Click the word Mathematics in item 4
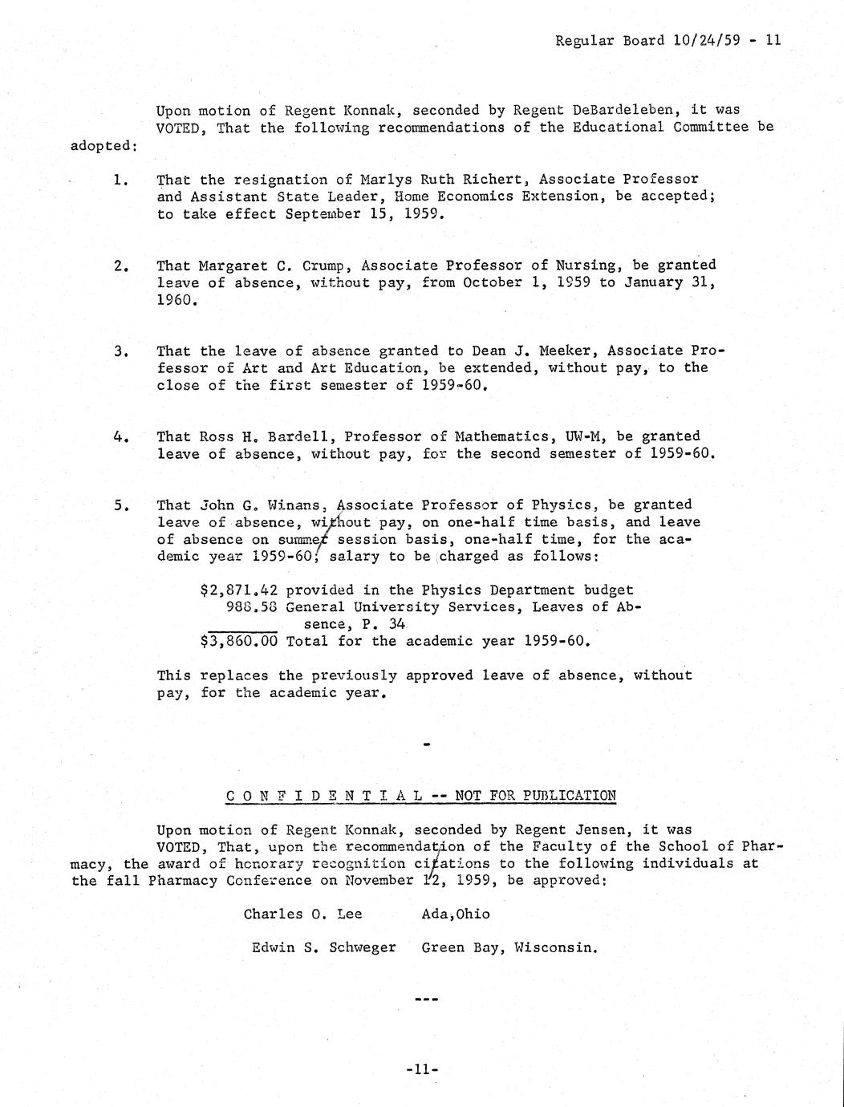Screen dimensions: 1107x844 [502, 436]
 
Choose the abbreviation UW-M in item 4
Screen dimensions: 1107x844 [583, 436]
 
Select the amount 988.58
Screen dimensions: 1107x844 [252, 607]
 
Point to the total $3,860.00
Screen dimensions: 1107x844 [238, 642]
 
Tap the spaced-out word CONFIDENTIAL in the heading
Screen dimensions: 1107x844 [324, 796]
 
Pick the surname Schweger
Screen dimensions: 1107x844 [362, 947]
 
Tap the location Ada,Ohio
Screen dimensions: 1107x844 [455, 914]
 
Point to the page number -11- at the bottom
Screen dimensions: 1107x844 [422, 1068]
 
